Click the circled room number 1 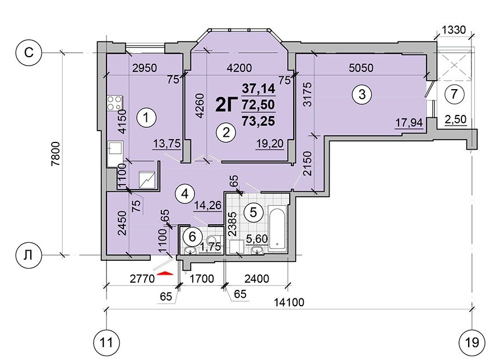[x=146, y=118]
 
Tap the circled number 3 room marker [x=362, y=94]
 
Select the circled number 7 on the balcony [x=454, y=94]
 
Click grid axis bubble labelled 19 [x=472, y=342]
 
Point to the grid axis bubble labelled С [x=29, y=52]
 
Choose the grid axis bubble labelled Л [x=29, y=255]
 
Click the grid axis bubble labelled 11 [x=107, y=342]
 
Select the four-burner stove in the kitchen [x=114, y=103]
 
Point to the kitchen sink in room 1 [x=115, y=154]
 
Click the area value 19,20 [x=269, y=144]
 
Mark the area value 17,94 [x=409, y=122]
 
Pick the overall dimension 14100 [x=289, y=302]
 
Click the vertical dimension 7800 [x=55, y=154]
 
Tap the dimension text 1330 [x=454, y=30]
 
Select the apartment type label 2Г [x=226, y=104]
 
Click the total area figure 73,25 [x=258, y=121]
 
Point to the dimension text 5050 [x=361, y=68]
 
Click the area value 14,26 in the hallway [x=208, y=206]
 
